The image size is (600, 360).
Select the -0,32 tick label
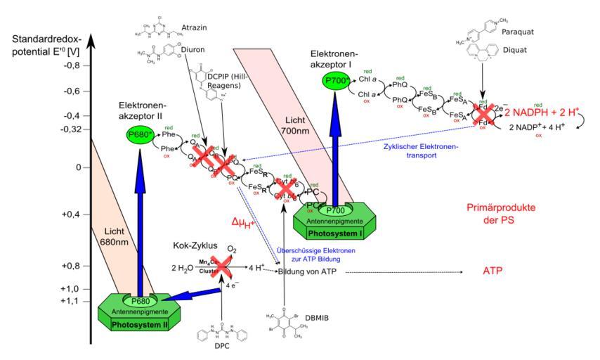pos(72,129)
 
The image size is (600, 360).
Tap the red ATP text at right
pos(493,270)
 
